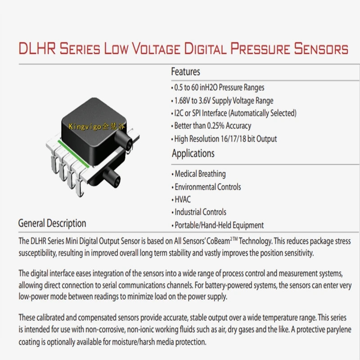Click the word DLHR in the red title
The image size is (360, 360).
click(37, 48)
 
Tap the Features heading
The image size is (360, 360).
click(185, 72)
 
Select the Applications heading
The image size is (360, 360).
click(193, 153)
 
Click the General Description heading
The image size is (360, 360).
click(52, 223)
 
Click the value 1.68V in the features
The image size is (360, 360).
click(182, 100)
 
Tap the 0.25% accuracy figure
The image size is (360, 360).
click(216, 126)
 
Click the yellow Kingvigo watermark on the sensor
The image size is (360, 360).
click(97, 126)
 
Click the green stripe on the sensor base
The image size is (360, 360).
click(74, 154)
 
